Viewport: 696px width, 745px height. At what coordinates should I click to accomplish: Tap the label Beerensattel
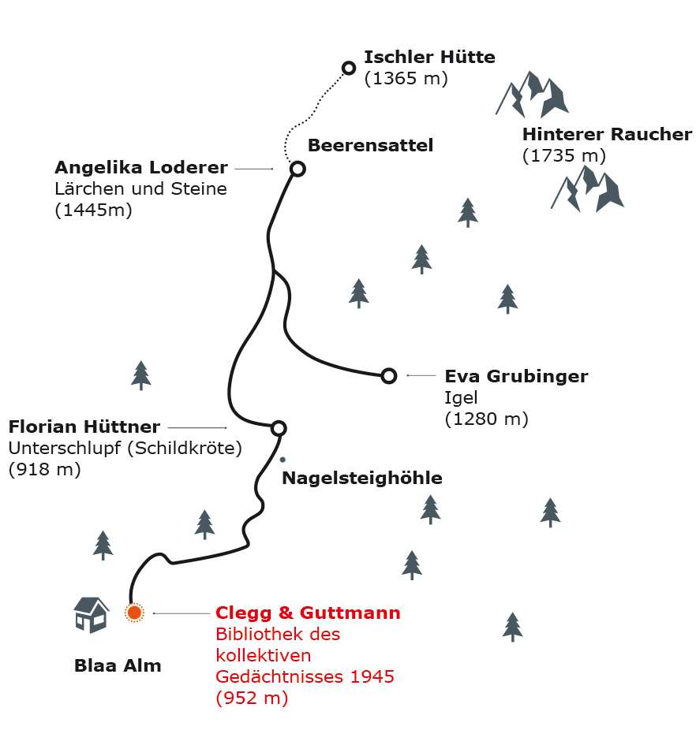pyautogui.click(x=370, y=145)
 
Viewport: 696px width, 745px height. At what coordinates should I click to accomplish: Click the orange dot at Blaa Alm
pyautogui.click(x=134, y=613)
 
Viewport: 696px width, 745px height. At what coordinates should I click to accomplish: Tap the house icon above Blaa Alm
pyautogui.click(x=92, y=615)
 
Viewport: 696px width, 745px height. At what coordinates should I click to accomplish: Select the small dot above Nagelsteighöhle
pyautogui.click(x=283, y=460)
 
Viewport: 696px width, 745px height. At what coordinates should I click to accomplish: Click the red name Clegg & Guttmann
pyautogui.click(x=308, y=613)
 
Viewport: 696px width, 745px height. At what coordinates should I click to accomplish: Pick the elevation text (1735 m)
pyautogui.click(x=563, y=156)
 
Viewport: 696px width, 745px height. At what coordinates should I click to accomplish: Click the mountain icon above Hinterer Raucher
pyautogui.click(x=533, y=95)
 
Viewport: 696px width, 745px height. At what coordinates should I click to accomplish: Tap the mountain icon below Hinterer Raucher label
pyautogui.click(x=588, y=189)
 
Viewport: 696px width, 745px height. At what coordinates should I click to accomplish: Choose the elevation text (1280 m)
pyautogui.click(x=486, y=419)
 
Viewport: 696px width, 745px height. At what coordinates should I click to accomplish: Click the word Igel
pyautogui.click(x=461, y=397)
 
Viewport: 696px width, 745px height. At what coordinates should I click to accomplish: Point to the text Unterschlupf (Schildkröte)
pyautogui.click(x=125, y=448)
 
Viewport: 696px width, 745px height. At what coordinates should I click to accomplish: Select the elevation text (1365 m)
pyautogui.click(x=406, y=78)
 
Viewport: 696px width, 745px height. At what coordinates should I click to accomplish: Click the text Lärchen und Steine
pyautogui.click(x=140, y=188)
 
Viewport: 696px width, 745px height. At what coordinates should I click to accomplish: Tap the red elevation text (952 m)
pyautogui.click(x=252, y=698)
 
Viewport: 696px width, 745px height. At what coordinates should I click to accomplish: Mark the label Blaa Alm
pyautogui.click(x=118, y=665)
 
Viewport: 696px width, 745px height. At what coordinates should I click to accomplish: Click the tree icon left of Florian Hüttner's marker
pyautogui.click(x=140, y=375)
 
